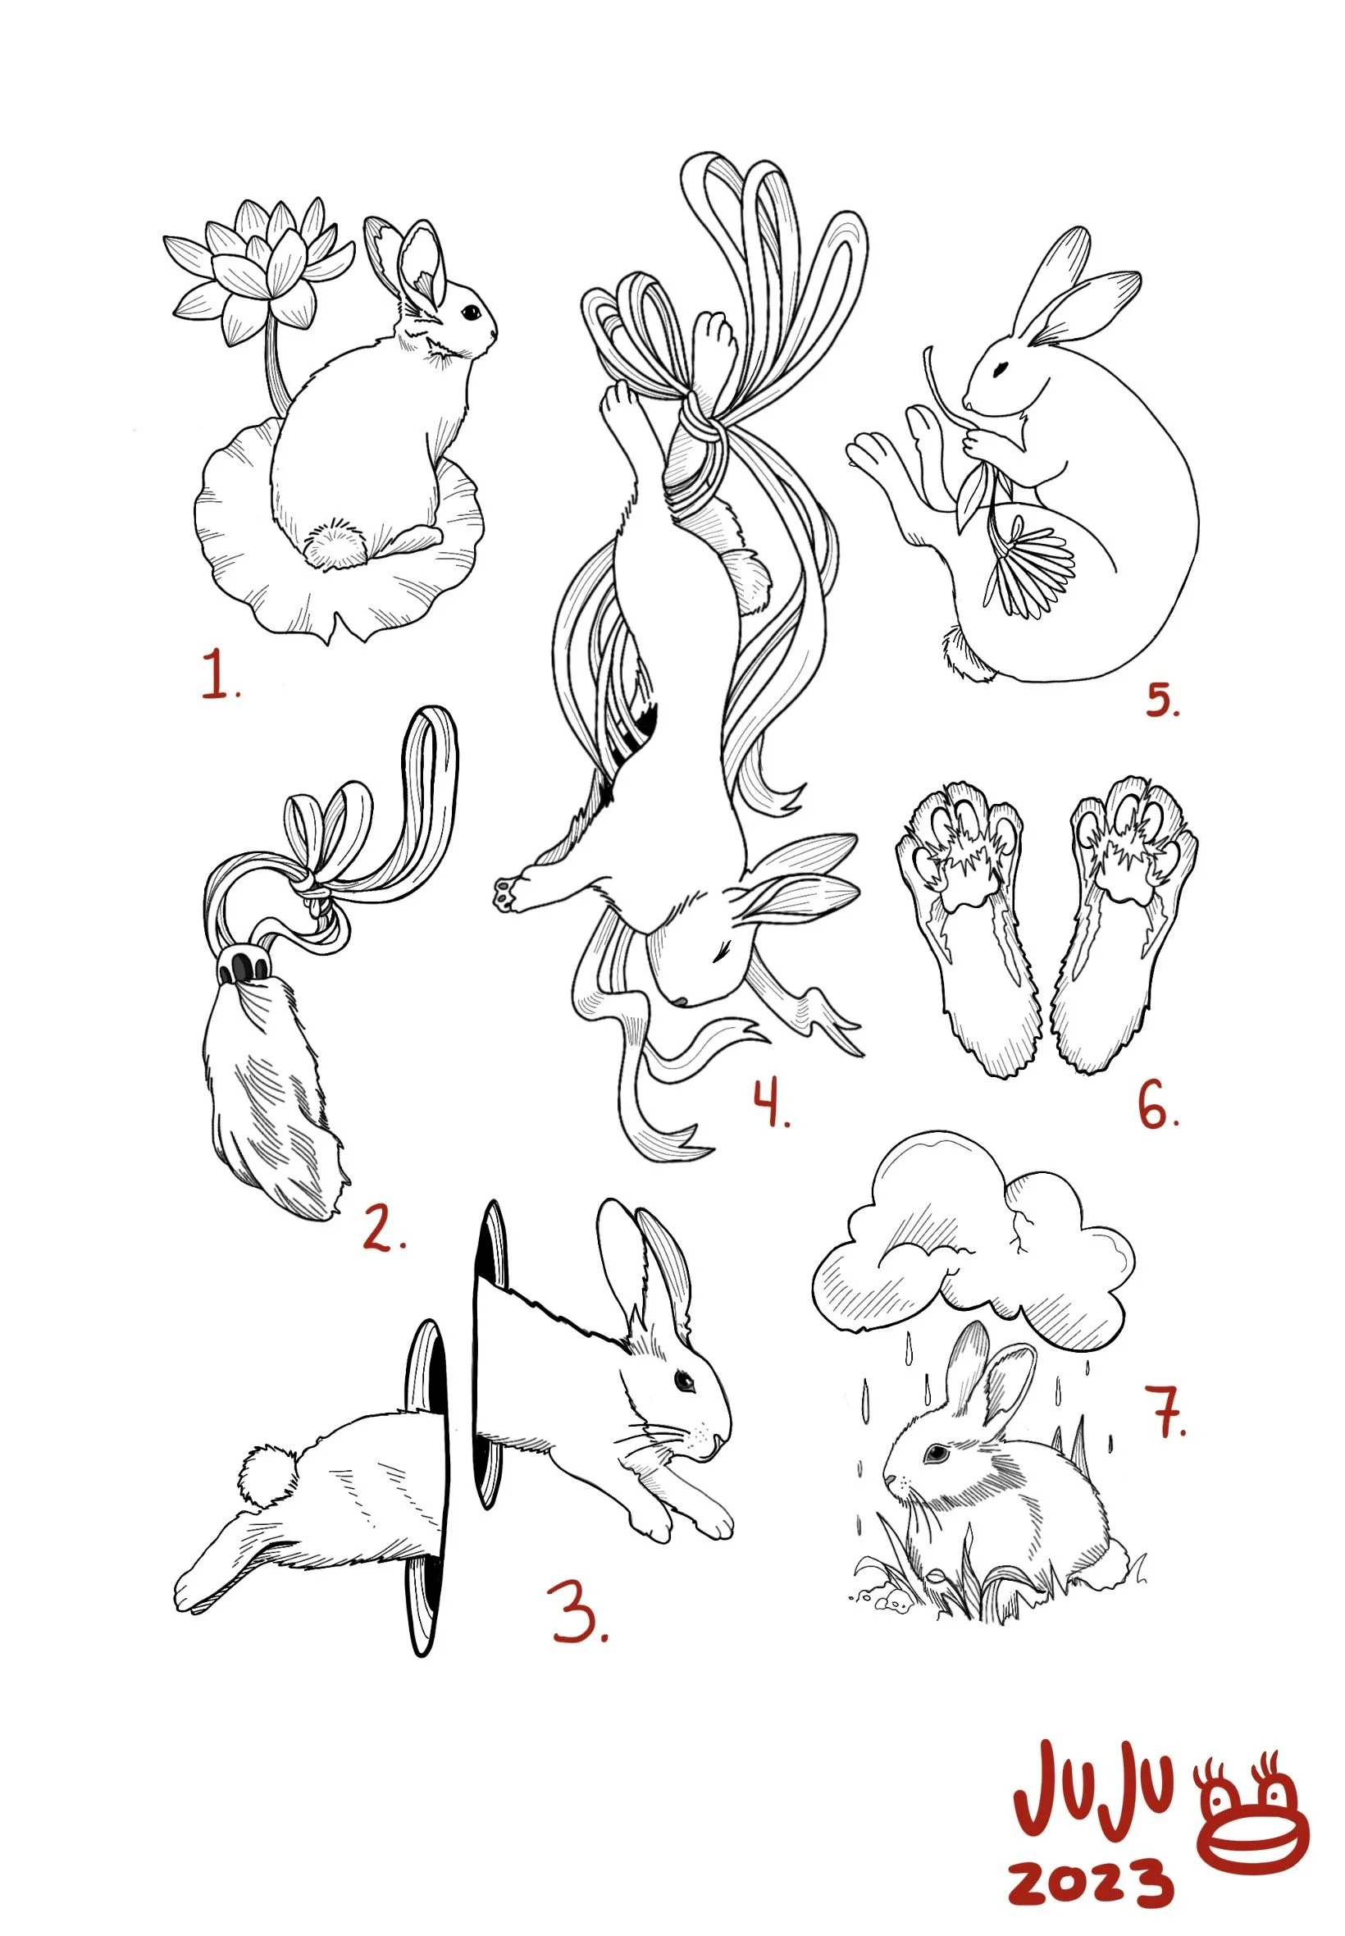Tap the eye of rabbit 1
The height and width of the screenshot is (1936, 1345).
click(x=467, y=311)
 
